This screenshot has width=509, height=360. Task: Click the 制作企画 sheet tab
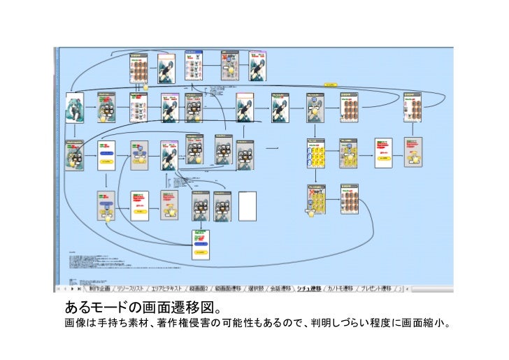(x=100, y=288)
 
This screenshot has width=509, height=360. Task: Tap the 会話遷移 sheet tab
(x=281, y=288)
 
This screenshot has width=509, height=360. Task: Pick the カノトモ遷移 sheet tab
(x=343, y=288)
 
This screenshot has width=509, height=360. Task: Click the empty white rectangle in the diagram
(x=248, y=206)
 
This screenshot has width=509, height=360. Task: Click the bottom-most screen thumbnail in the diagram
(x=202, y=245)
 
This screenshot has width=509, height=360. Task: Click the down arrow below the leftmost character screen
(x=74, y=133)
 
